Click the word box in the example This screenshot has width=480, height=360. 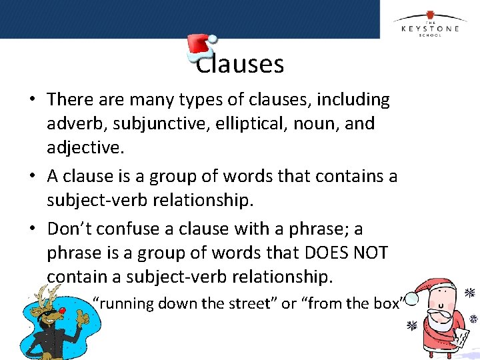[387, 304]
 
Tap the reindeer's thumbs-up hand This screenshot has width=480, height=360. [83, 320]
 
